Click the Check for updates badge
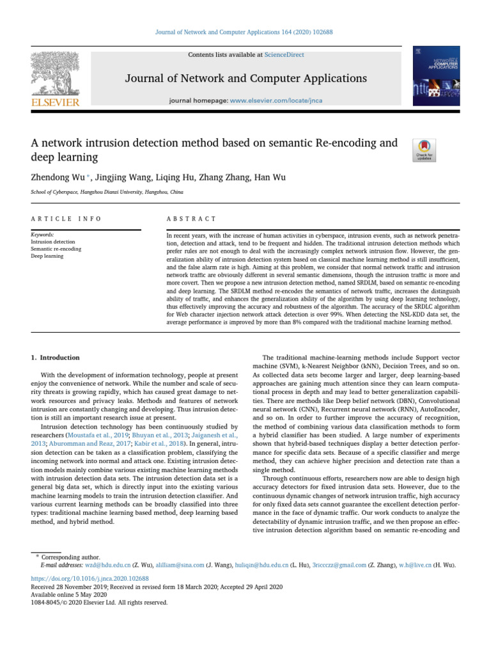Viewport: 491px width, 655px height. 425,149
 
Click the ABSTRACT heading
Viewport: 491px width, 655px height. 191,219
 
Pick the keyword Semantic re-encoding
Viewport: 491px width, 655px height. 56,249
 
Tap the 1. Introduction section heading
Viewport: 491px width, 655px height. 56,358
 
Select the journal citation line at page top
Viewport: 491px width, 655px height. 245,31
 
